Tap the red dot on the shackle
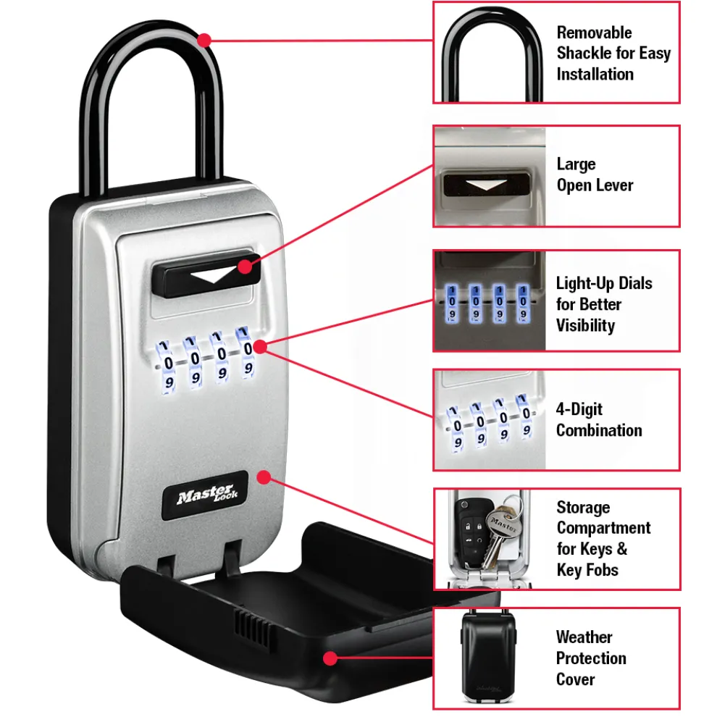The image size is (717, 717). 205,39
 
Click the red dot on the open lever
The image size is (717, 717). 245,267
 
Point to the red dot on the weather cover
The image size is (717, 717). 330,658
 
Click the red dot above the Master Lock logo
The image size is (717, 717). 264,477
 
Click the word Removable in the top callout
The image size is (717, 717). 594,33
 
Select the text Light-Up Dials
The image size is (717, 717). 604,283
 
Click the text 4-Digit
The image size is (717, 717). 579,409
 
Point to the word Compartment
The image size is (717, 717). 603,528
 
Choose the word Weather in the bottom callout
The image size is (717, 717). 584,637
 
